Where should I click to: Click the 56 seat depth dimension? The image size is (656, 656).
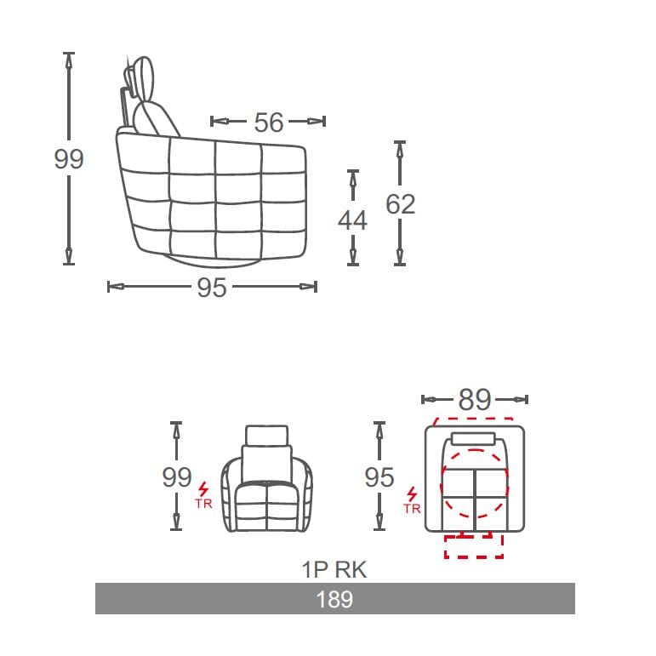click(x=268, y=123)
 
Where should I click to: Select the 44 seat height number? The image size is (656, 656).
click(x=352, y=220)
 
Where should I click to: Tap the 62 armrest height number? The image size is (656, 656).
click(x=400, y=204)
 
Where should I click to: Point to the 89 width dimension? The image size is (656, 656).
click(x=475, y=399)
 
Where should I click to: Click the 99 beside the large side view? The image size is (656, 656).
click(x=69, y=159)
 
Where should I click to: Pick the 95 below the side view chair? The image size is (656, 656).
click(x=212, y=288)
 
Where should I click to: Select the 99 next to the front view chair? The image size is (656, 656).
click(x=177, y=477)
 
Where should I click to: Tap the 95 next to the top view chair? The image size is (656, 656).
click(x=379, y=477)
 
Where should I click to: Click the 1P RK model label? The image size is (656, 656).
click(x=334, y=569)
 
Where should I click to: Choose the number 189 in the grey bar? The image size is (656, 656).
click(x=334, y=599)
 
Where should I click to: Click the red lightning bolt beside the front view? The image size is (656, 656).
click(x=203, y=490)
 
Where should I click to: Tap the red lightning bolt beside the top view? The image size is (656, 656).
click(x=413, y=494)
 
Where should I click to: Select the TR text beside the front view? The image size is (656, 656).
click(x=203, y=505)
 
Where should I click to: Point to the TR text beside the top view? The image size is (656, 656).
click(x=413, y=509)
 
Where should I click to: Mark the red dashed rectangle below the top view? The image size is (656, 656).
click(x=474, y=547)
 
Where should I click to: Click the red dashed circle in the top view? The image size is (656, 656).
click(x=475, y=483)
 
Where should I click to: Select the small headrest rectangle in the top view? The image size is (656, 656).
click(x=474, y=439)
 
